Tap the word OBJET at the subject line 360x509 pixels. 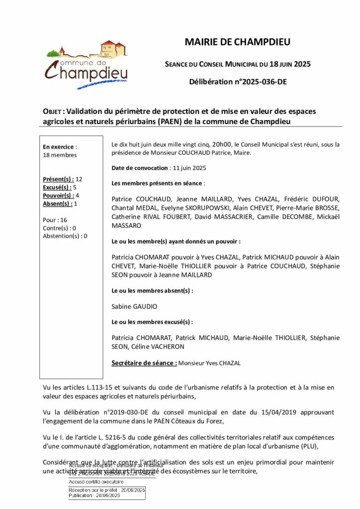click(x=53, y=111)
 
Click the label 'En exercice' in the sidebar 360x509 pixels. click(x=59, y=147)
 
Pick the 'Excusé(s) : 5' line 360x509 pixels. click(x=60, y=187)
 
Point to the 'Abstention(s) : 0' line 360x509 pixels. click(x=65, y=236)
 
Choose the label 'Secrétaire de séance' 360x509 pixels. click(x=144, y=363)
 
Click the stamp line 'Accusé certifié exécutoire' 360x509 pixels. click(x=96, y=482)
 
